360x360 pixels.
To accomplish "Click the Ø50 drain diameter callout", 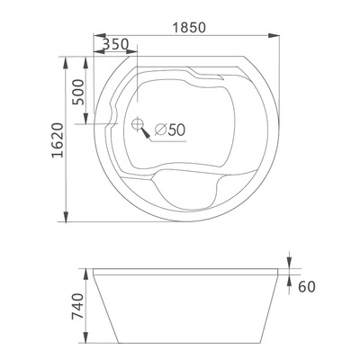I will click(170, 130).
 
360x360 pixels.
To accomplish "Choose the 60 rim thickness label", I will click(305, 286).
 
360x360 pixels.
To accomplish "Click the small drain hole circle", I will click(137, 125).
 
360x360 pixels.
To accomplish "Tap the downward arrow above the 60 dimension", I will click(291, 262).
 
